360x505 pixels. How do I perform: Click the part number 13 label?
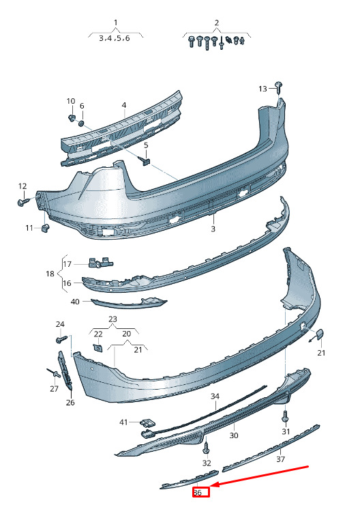(x=263, y=89)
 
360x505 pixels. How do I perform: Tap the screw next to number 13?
(x=279, y=87)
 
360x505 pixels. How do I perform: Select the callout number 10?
(x=71, y=101)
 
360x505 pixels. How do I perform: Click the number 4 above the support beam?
(x=124, y=105)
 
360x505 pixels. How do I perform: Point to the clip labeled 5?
(x=145, y=160)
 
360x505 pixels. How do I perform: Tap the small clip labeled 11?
(x=46, y=228)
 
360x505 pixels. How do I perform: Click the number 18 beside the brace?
(x=50, y=274)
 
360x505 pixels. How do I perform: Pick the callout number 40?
(x=75, y=302)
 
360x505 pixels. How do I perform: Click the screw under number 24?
(x=62, y=339)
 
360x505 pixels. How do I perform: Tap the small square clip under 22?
(x=97, y=347)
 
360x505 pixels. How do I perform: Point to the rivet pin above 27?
(x=54, y=373)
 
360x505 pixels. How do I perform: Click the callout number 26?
(x=70, y=403)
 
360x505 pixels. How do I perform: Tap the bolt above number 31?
(x=286, y=416)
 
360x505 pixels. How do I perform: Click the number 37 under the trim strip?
(x=281, y=459)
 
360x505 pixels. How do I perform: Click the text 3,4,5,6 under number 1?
(x=115, y=38)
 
